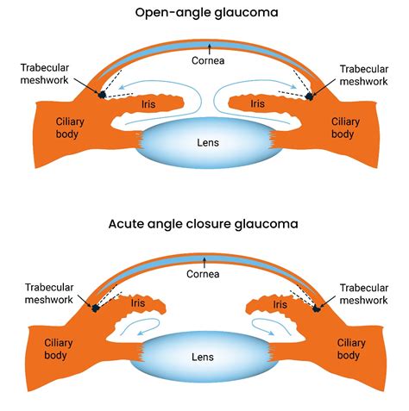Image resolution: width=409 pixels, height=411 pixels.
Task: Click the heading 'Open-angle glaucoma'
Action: (x=204, y=12)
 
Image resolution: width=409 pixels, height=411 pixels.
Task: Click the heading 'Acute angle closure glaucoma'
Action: (x=204, y=223)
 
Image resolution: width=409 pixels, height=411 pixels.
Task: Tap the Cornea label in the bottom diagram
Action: (x=204, y=274)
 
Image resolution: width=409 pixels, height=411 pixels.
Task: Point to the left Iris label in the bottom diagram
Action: (x=138, y=304)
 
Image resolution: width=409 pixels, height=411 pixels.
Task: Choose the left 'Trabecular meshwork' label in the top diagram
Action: (x=44, y=75)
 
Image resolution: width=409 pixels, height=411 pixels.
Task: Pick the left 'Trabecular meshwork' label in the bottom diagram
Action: (x=44, y=293)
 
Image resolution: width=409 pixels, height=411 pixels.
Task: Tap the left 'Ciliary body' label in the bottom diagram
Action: (x=61, y=349)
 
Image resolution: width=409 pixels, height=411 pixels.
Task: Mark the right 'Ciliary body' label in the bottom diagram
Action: (x=348, y=349)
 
